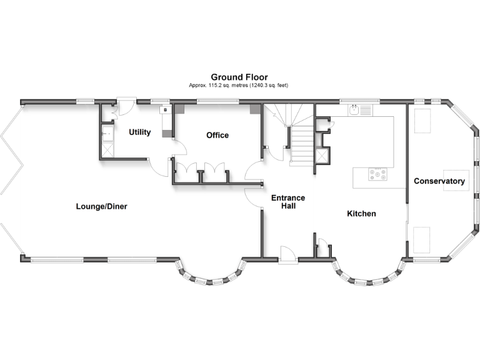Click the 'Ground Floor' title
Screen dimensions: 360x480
[x=239, y=77]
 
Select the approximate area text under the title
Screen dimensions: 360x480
[x=239, y=85]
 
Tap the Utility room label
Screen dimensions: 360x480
[x=139, y=132]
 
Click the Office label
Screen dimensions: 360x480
[x=217, y=135]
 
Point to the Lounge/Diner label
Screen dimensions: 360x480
[x=101, y=206]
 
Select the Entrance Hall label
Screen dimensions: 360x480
[x=287, y=202]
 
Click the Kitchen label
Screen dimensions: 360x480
[x=361, y=214]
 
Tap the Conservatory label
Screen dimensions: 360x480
[x=439, y=181]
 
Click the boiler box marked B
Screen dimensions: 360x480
[x=165, y=110]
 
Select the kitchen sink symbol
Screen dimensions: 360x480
[x=356, y=111]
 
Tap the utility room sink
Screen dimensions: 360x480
[x=105, y=132]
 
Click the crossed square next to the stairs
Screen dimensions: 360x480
[x=322, y=156]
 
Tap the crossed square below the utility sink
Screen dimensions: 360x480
[x=105, y=150]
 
